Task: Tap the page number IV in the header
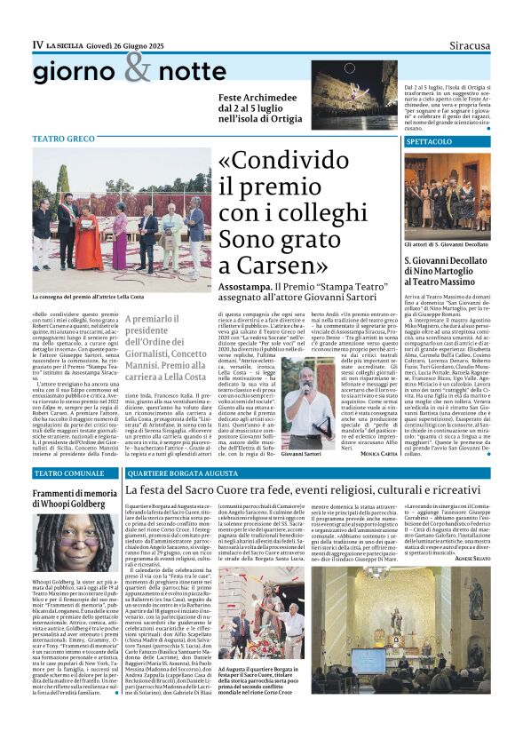(37, 44)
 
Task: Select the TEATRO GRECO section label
(62, 139)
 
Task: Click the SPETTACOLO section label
(431, 141)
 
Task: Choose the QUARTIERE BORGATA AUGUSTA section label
(169, 474)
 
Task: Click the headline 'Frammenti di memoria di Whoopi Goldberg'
(75, 498)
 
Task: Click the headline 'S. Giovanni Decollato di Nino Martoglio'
(445, 271)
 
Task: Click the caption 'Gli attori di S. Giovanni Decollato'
(447, 242)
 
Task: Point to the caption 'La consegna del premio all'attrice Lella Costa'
(88, 297)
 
